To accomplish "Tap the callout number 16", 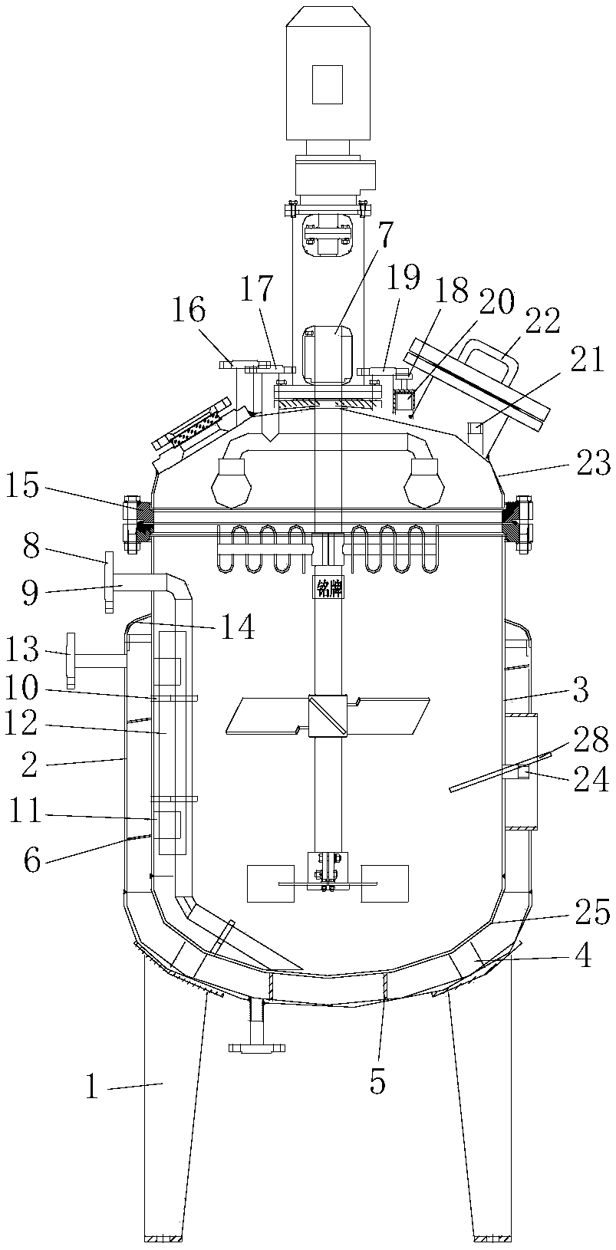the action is (x=189, y=312).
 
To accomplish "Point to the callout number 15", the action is (x=24, y=487).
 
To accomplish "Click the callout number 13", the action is (x=24, y=653).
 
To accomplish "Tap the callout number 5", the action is (x=377, y=1083).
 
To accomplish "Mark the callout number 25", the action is (x=592, y=914).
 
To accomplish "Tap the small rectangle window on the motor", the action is (x=327, y=84).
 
